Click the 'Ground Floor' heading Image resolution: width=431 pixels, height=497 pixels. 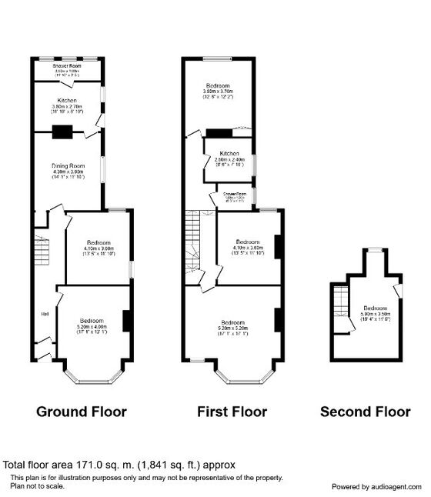click(82, 412)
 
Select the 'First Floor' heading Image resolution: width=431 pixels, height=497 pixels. click(232, 412)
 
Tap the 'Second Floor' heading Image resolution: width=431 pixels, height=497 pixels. click(366, 412)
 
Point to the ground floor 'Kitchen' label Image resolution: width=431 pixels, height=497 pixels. click(66, 100)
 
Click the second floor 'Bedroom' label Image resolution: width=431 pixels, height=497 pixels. click(376, 308)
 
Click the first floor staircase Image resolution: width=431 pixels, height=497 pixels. click(192, 240)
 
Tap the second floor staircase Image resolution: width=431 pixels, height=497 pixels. click(339, 302)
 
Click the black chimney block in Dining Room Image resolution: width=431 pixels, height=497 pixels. click(62, 132)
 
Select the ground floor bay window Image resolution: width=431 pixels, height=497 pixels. click(92, 377)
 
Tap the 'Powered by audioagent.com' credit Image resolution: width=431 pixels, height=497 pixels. click(377, 487)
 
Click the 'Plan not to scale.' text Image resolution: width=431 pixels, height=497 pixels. click(37, 485)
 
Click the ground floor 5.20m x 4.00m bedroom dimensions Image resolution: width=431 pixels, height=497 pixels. click(92, 327)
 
